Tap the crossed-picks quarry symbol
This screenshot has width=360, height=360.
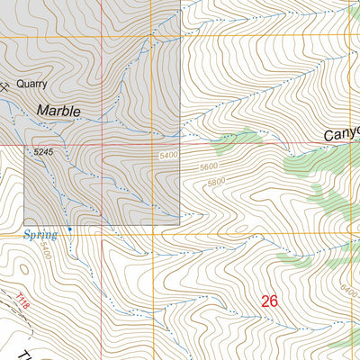pos(4,86)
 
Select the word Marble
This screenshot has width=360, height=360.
pos(58,111)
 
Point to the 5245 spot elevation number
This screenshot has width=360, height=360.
pos(44,154)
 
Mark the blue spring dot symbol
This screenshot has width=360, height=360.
pos(69,229)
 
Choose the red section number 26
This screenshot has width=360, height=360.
pos(269,301)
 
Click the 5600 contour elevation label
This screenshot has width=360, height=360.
pos(210,167)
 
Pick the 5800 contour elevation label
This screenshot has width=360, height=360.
pos(216,183)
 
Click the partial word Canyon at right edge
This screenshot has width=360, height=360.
pos(342,133)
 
